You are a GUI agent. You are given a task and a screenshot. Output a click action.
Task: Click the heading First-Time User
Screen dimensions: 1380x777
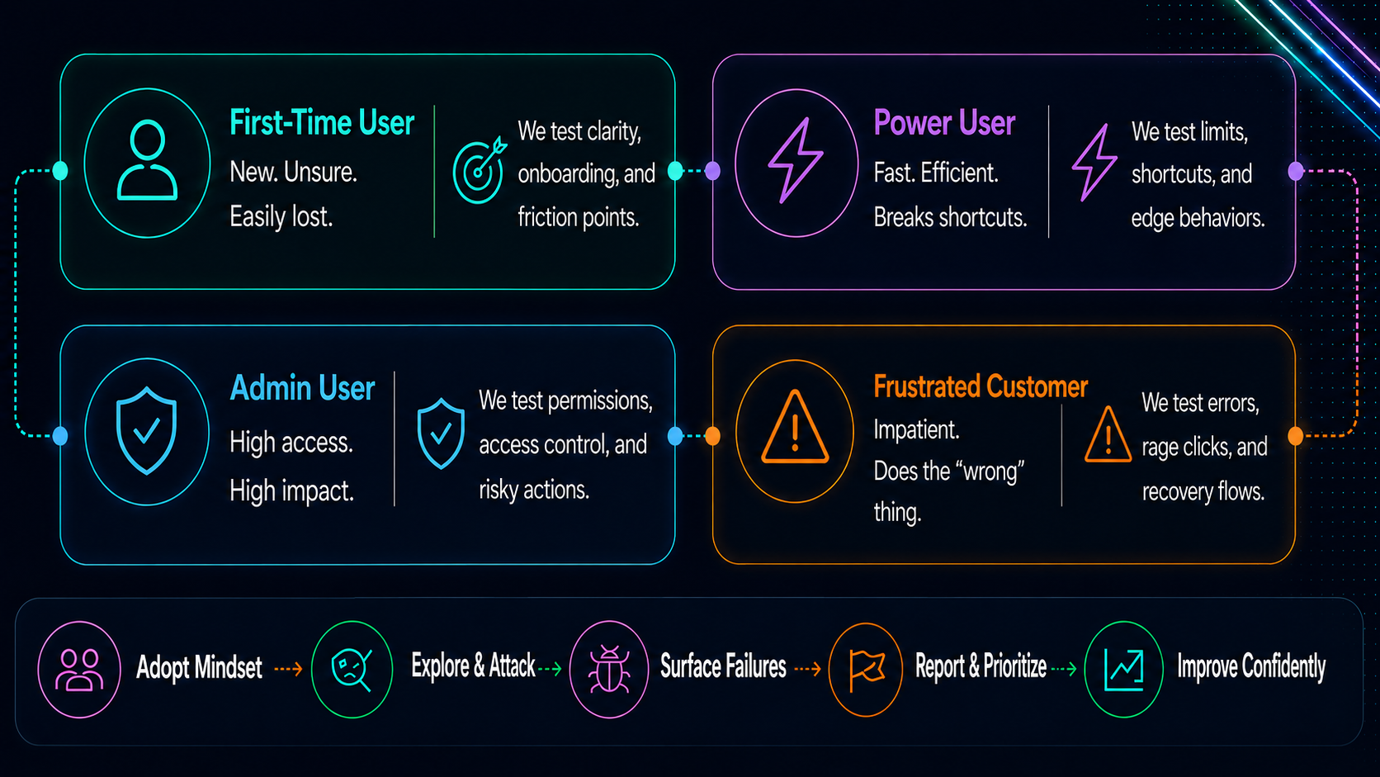[x=322, y=123]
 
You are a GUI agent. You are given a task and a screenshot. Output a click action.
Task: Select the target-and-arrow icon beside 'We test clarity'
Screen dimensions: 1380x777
[x=480, y=170]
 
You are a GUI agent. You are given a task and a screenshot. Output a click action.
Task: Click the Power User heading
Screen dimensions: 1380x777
[x=944, y=123]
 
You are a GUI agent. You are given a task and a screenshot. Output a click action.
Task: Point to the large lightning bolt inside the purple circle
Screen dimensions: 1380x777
[x=795, y=161]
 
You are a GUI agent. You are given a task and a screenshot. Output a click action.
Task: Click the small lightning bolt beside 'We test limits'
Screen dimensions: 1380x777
[x=1094, y=162]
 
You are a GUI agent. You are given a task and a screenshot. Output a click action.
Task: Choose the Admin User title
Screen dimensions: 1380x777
[x=302, y=388]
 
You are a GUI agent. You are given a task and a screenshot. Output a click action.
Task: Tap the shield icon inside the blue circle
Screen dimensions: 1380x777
[x=147, y=431]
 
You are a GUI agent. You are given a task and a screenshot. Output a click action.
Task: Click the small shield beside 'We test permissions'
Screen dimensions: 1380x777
[x=441, y=434]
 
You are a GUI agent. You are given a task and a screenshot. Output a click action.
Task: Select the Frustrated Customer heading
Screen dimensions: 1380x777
[x=981, y=387]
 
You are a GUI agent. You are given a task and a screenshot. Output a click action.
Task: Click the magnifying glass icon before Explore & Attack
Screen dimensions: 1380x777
[x=352, y=670]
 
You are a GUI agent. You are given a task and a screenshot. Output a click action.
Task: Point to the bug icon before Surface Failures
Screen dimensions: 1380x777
[x=608, y=669]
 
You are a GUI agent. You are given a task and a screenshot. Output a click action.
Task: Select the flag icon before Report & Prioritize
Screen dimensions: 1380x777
[x=866, y=670]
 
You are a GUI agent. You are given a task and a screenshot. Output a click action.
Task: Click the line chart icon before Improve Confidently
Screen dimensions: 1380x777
[x=1123, y=670]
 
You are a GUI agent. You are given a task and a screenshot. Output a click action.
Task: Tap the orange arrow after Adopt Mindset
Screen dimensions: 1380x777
[x=288, y=669]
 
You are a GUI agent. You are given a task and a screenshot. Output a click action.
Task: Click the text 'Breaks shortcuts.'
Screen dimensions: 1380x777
[x=950, y=217]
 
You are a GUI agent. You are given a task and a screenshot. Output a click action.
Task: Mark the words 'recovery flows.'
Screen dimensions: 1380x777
[x=1203, y=491]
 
